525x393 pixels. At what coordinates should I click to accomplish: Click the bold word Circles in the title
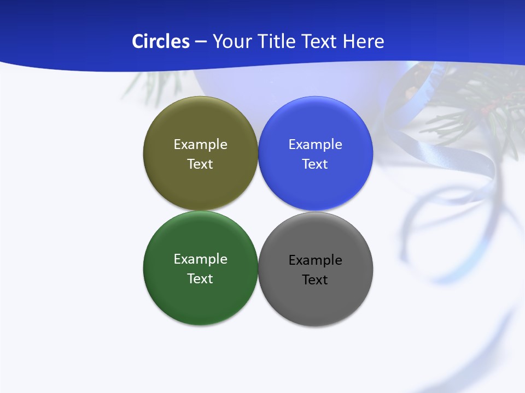point(160,41)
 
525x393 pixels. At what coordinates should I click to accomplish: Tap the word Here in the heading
point(363,41)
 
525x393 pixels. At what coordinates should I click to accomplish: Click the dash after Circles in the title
point(201,42)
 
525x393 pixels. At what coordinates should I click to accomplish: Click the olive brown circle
point(200,186)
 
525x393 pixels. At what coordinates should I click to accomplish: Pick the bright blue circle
point(315,186)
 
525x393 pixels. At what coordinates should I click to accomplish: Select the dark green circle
point(200,300)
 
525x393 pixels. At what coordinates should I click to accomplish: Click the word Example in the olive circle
point(200,145)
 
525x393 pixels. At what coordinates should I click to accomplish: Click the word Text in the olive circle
point(200,164)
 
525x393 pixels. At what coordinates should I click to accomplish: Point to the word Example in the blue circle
point(315,145)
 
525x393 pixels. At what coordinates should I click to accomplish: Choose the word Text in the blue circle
point(315,164)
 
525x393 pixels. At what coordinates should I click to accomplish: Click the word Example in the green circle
point(200,259)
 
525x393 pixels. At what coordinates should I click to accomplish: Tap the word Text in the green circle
point(200,278)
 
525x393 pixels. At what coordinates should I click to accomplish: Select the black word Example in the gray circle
point(315,260)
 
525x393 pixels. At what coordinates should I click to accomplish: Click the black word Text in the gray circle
point(315,280)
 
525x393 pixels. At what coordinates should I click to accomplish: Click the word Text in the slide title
point(319,41)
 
